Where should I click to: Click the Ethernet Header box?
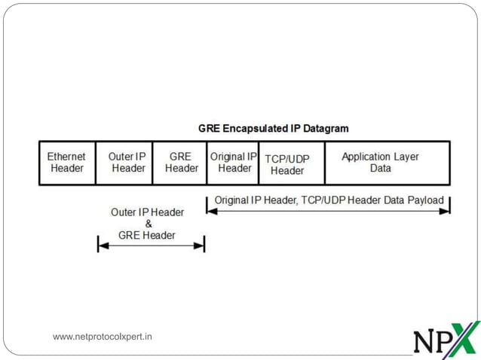67,163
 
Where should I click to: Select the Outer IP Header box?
124,163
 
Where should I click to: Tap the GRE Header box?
179,163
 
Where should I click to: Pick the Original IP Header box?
233,163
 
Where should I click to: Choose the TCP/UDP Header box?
292,163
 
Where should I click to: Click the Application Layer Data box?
387,163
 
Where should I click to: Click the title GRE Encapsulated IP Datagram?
273,128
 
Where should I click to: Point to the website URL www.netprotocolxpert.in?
103,337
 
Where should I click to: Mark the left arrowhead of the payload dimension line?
211,211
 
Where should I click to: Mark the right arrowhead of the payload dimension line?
446,211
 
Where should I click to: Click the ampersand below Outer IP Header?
148,224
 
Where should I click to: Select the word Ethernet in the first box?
67,157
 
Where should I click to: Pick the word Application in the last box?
367,157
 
